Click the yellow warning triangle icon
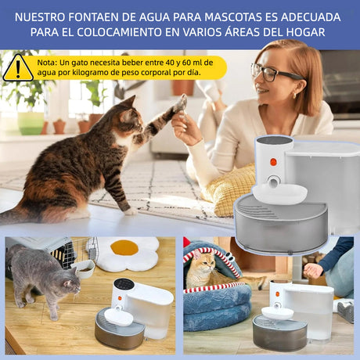coord(18,68)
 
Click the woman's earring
coord(294,95)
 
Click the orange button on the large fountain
coord(273,162)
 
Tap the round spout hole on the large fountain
coord(274,182)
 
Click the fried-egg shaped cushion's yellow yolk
coord(124,248)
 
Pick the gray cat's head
coord(70,283)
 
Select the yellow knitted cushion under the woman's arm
coord(229,189)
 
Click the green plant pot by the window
coord(31,123)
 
